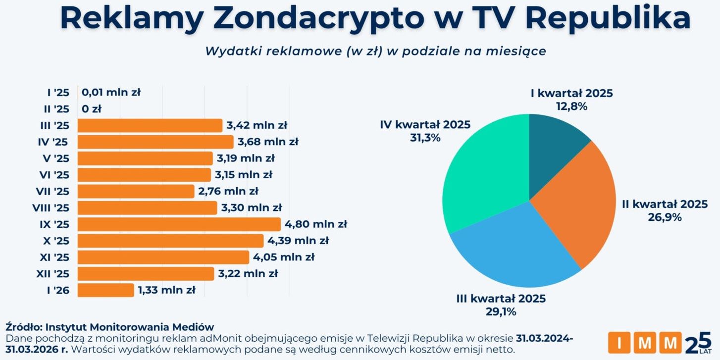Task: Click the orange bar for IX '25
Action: point(179,224)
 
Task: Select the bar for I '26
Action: point(106,290)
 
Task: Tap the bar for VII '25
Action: point(136,191)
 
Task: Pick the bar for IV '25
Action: point(155,142)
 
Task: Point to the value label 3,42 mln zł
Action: point(257,125)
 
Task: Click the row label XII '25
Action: point(53,274)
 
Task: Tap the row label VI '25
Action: point(54,175)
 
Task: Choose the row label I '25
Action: point(58,93)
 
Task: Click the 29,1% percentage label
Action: point(501,311)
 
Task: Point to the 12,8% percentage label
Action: point(571,106)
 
